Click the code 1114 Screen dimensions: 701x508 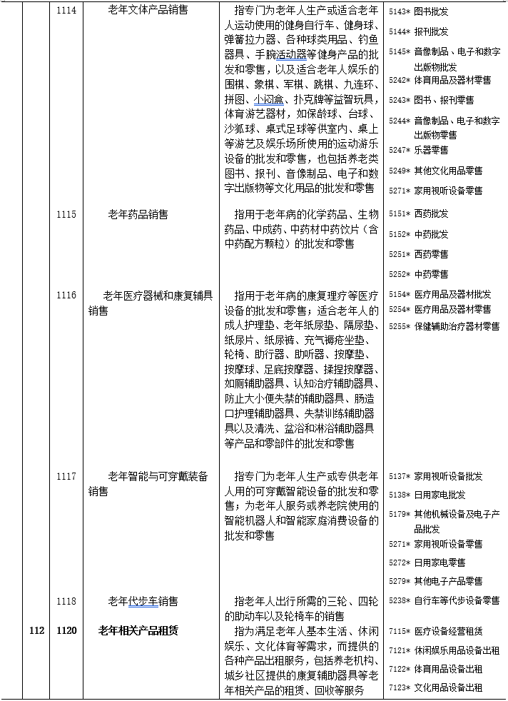[66, 9]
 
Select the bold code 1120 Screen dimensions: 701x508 [66, 630]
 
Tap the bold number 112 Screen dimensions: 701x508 [37, 630]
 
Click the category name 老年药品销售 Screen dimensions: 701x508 [138, 213]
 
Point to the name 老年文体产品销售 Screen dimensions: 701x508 [148, 9]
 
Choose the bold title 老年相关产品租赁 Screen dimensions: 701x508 [138, 630]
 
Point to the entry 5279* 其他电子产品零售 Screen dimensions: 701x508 [436, 581]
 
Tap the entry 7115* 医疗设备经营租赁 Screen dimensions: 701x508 [436, 631]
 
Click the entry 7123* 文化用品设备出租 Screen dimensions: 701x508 [436, 688]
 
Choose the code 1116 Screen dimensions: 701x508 [66, 295]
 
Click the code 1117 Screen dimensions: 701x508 [66, 476]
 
